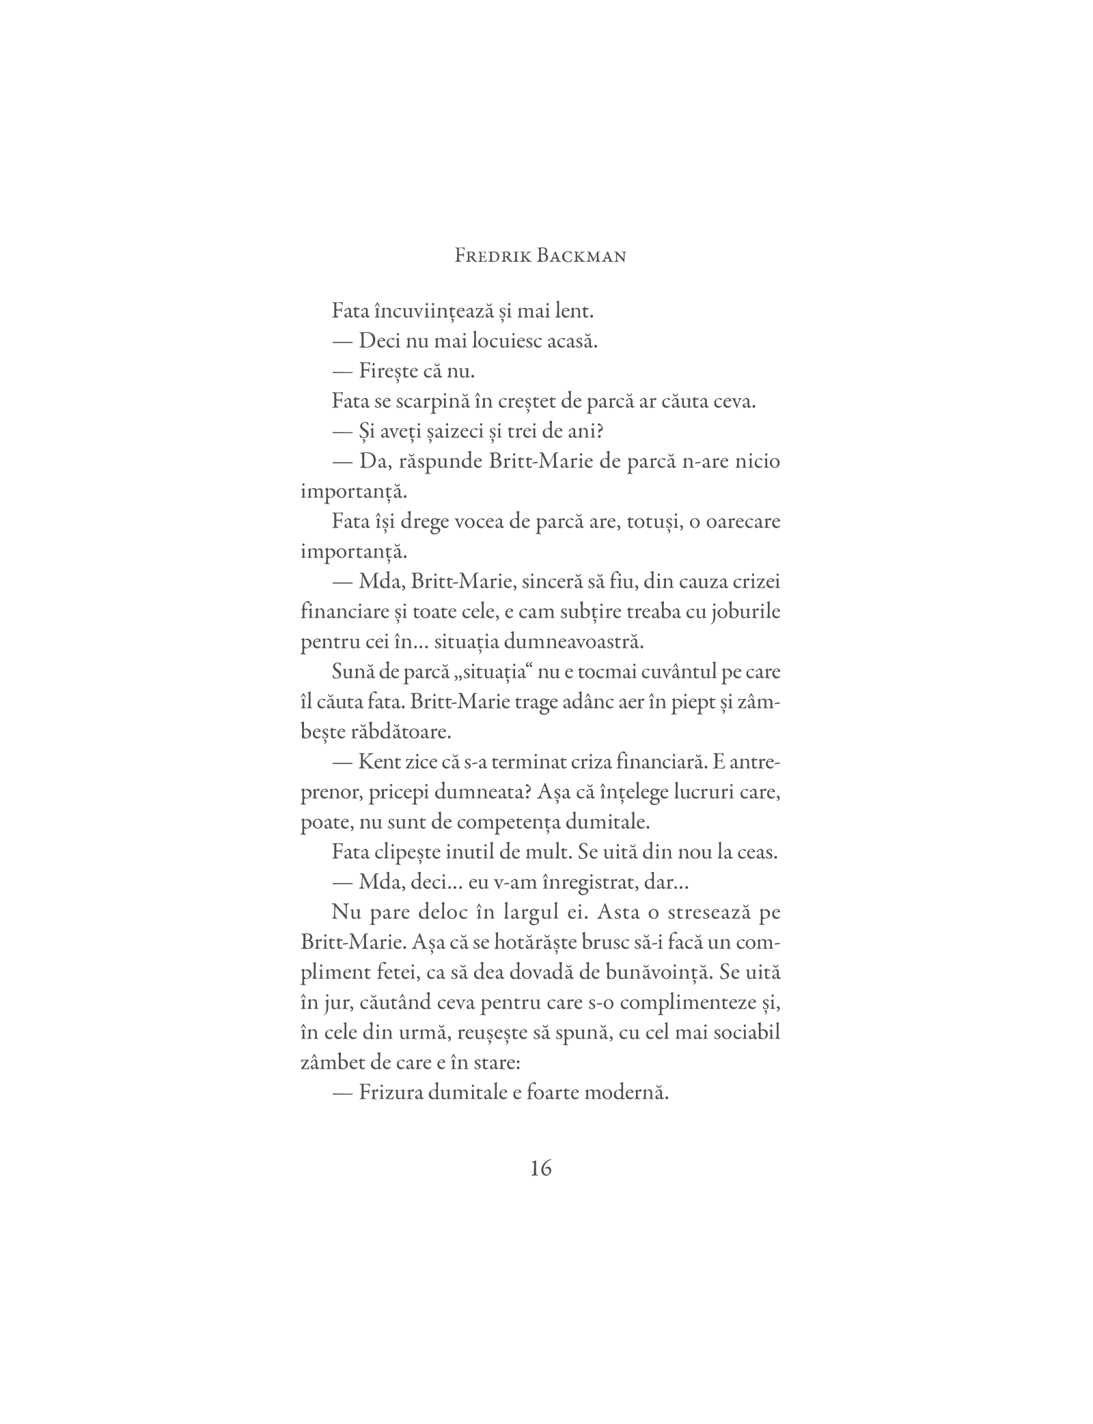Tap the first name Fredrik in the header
(490, 257)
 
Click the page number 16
(540, 1168)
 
